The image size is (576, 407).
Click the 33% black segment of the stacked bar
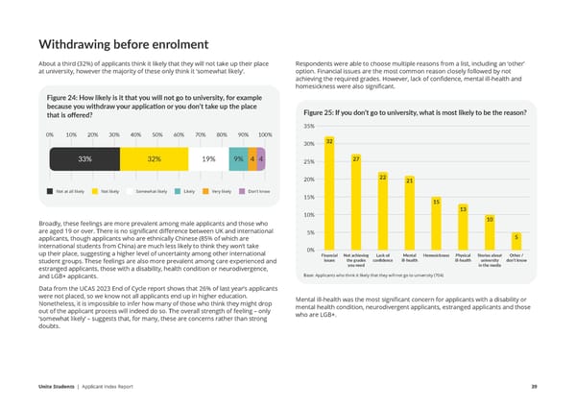(84, 159)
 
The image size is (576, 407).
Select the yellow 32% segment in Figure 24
(155, 159)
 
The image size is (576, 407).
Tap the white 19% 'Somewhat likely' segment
(208, 159)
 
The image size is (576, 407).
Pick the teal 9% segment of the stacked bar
(238, 159)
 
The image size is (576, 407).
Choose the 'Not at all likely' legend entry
(66, 192)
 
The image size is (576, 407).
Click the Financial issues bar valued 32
(328, 195)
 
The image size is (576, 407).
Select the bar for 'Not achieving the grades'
(355, 203)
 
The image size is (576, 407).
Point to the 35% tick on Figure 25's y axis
(309, 126)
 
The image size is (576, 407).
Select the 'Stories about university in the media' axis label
(489, 260)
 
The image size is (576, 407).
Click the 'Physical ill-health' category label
(463, 258)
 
